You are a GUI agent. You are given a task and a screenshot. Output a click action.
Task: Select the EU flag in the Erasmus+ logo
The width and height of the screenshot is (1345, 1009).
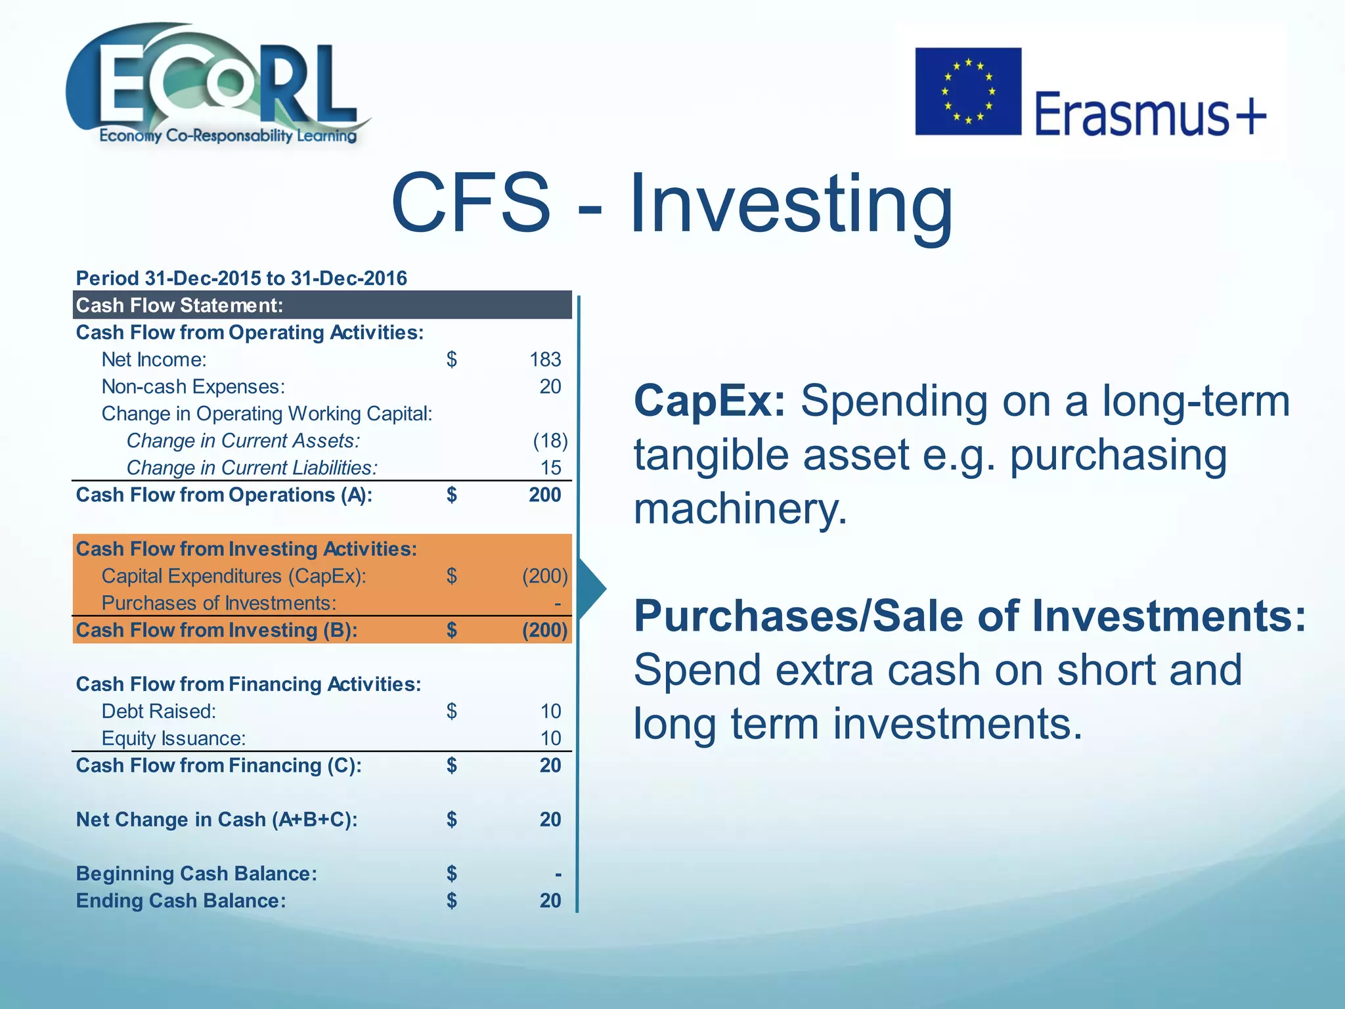pos(967,91)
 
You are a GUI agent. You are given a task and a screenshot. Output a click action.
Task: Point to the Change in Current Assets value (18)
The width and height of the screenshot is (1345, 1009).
pos(550,440)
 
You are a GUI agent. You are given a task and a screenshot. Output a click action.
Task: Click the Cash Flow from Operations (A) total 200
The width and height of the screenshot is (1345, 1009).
pos(544,495)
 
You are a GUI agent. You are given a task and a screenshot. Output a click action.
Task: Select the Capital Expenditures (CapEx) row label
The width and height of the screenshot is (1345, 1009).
pos(233,576)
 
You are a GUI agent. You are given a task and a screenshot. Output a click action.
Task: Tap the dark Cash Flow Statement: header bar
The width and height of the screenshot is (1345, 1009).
pos(322,305)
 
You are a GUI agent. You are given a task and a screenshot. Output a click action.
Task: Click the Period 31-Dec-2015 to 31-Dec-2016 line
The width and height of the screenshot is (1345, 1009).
pos(241,278)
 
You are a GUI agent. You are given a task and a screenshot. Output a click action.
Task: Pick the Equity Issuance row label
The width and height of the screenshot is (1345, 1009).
pos(173,738)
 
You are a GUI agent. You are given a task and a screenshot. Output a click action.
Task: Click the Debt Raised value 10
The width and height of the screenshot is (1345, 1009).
pos(550,711)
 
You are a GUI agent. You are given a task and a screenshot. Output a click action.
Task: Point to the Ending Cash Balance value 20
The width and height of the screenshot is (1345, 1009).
pos(550,901)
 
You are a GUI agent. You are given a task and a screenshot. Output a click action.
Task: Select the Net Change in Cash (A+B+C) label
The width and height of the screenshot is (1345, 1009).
pos(217,819)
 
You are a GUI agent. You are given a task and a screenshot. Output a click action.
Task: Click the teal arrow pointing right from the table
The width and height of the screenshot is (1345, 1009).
pos(592,589)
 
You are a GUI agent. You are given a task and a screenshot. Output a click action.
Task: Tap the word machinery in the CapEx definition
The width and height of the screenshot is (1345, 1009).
pos(740,509)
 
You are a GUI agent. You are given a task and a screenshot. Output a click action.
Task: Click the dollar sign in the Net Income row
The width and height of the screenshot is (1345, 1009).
pos(451,359)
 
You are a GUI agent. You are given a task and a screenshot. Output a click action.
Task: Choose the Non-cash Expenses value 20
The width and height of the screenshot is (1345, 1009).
pos(550,386)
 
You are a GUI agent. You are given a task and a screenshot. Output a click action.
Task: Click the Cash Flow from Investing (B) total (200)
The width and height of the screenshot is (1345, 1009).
pos(544,630)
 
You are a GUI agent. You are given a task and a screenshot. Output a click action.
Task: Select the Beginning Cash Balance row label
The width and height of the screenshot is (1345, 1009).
pos(196,874)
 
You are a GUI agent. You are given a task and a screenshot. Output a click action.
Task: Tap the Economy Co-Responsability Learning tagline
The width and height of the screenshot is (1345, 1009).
pos(228,136)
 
